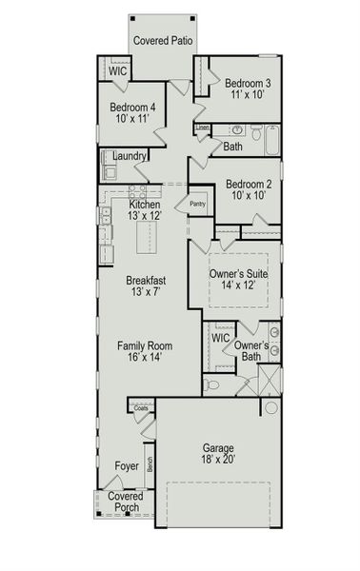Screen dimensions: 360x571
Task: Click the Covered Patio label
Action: pos(163,40)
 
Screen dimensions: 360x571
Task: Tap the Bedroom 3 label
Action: pos(248,83)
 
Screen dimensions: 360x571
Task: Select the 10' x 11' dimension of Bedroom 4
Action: pos(132,119)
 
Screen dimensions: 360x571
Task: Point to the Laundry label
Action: pos(130,156)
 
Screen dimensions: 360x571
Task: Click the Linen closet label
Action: pos(203,128)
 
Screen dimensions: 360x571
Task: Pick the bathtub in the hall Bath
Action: pos(272,140)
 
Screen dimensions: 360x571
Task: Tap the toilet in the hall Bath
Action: pos(256,132)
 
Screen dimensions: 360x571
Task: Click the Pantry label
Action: pos(198,204)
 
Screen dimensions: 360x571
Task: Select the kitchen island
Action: pos(147,237)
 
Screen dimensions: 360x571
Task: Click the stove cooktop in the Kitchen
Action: pos(137,192)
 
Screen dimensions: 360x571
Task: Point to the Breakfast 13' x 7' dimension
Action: pos(146,292)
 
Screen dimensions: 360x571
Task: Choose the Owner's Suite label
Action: pos(239,273)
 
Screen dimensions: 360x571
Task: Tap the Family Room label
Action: pos(145,345)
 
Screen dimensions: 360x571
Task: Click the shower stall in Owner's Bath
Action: pos(270,380)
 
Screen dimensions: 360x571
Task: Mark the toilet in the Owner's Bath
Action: pos(211,384)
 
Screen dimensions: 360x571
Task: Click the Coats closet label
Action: pos(141,408)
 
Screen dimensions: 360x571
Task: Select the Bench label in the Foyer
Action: pos(150,464)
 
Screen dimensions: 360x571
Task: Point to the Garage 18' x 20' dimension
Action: pos(218,460)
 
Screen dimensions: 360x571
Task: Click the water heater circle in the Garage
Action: pos(271,407)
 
